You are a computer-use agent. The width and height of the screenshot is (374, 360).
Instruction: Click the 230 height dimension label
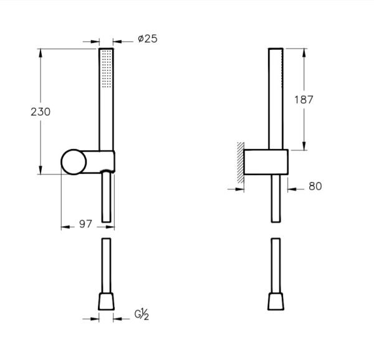40,112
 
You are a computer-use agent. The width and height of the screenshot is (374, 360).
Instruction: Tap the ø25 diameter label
147,39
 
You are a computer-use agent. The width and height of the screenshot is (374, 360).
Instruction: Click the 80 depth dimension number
315,186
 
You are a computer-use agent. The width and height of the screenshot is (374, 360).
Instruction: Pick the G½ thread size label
141,316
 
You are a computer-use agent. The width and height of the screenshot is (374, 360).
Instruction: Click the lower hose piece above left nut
105,265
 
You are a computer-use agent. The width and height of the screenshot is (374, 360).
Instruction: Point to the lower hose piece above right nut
275,265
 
